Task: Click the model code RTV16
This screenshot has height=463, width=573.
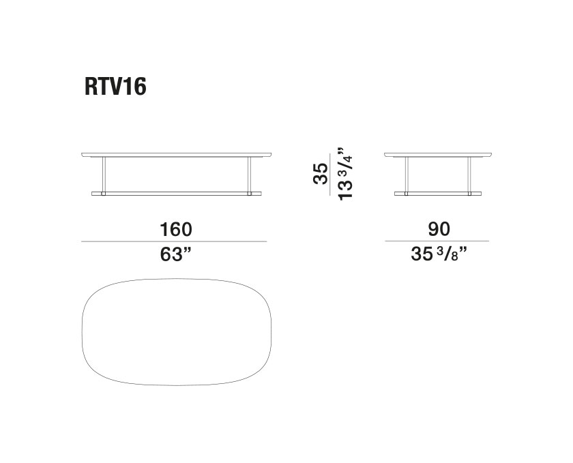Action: click(x=115, y=87)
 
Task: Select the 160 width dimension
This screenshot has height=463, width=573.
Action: click(x=176, y=230)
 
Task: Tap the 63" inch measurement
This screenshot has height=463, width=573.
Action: click(x=176, y=254)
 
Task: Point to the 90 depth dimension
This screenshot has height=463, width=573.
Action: click(x=439, y=229)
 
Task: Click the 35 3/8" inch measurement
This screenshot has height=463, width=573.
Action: click(x=439, y=254)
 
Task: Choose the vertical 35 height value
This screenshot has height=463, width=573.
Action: click(x=321, y=174)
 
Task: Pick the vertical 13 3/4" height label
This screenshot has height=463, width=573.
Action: click(x=345, y=174)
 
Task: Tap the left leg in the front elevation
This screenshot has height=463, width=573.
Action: click(x=104, y=175)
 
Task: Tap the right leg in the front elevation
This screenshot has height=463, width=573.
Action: click(x=250, y=175)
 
